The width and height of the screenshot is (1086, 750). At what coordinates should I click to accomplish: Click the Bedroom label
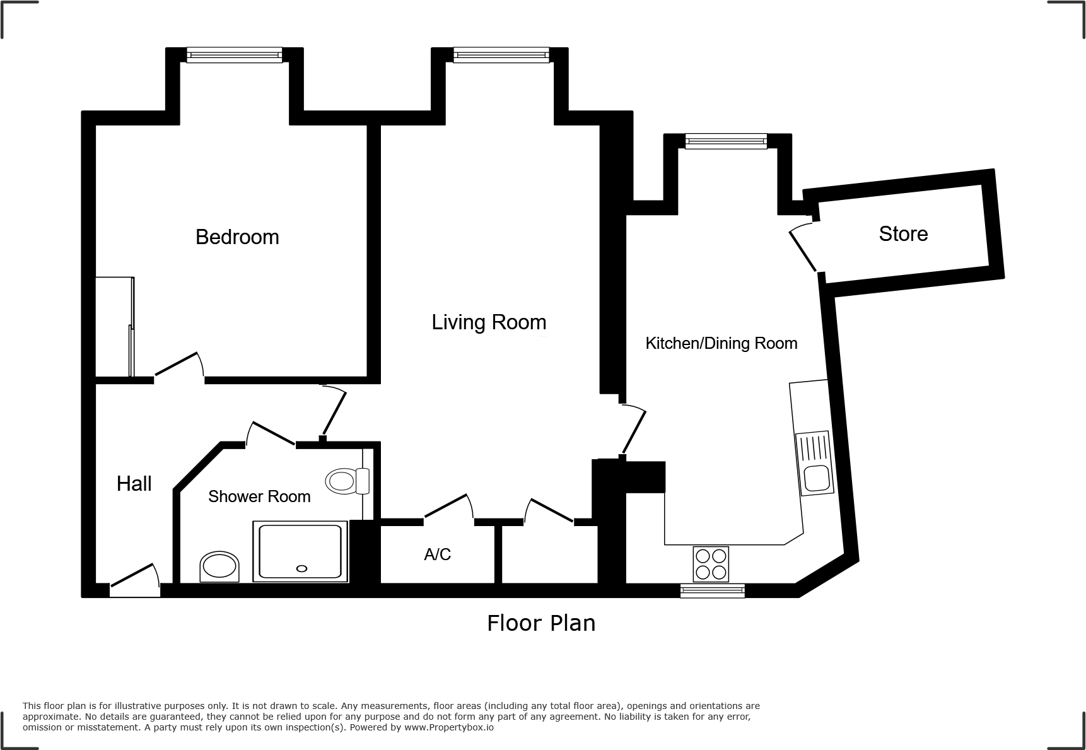pos(237,237)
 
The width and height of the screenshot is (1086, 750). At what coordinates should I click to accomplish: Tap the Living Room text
pos(489,322)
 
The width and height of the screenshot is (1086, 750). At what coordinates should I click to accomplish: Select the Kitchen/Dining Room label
pos(721,343)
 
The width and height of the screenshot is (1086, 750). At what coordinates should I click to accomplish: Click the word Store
pos(903,234)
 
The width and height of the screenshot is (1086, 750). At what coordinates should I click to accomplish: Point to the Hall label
pos(134,484)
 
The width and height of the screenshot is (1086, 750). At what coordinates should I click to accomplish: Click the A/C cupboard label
pos(437,554)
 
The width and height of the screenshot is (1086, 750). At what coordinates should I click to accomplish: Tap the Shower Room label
pos(259,496)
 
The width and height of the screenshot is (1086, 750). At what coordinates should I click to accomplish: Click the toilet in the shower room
pos(346,482)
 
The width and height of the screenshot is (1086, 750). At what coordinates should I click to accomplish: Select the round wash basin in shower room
pos(219,566)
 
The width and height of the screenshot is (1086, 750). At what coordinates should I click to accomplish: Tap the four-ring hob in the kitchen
pos(711,563)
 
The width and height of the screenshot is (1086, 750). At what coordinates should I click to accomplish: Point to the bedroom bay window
pos(235,56)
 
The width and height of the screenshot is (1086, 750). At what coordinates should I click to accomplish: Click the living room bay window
pos(501,56)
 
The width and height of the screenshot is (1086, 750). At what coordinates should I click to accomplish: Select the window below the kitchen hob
pos(713,591)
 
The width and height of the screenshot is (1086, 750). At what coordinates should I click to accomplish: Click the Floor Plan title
pos(540,623)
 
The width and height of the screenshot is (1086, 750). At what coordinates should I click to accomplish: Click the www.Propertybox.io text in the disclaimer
pos(448,727)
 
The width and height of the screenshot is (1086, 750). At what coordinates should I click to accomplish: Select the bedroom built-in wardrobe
pos(114,327)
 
